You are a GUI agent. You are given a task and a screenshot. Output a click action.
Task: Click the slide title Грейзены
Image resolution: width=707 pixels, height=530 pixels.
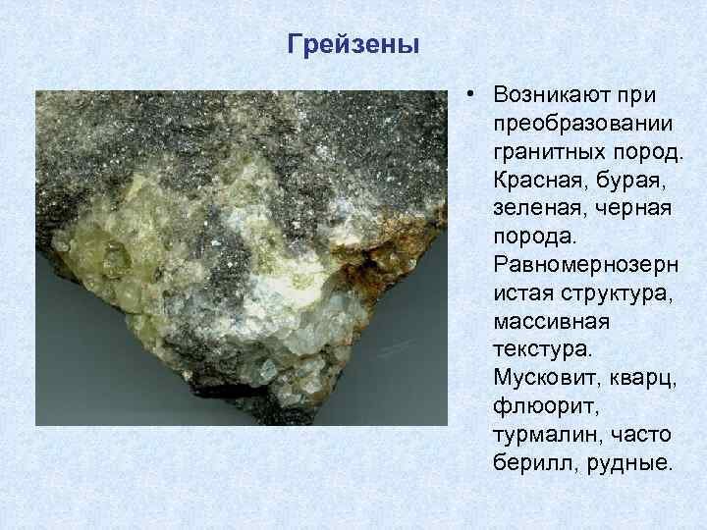coord(354,45)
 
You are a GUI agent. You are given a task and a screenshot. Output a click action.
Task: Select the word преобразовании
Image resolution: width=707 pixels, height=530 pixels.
coord(584,125)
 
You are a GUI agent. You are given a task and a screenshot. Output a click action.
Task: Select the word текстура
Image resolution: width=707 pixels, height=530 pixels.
coord(540,348)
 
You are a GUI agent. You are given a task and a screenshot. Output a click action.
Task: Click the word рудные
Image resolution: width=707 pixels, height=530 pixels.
coord(626,461)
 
